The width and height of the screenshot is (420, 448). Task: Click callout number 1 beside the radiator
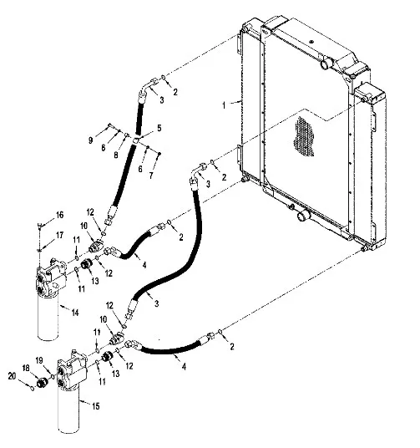coord(224,105)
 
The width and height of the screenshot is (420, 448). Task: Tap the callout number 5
coord(159,128)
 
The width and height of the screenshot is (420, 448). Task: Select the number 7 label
coord(151,176)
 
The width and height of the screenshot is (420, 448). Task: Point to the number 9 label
coord(90,140)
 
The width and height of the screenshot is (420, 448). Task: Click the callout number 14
coord(75,313)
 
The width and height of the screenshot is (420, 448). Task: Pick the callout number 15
coord(96,406)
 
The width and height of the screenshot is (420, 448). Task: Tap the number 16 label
coord(59,215)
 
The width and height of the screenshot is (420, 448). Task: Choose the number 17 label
coord(59,236)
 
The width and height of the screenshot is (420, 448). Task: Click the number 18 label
coord(26,368)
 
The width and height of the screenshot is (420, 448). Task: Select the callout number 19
coord(39,360)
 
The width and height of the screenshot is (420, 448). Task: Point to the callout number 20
coord(12,376)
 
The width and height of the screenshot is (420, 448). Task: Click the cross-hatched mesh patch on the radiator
coord(304,136)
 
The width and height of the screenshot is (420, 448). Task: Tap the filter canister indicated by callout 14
coord(48,317)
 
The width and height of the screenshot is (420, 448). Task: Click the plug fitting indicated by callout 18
coord(42,382)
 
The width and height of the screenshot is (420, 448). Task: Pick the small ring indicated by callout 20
coord(33,389)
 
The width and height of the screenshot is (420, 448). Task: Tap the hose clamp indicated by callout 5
coord(136,140)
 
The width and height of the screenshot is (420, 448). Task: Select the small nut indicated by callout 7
coord(159,154)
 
